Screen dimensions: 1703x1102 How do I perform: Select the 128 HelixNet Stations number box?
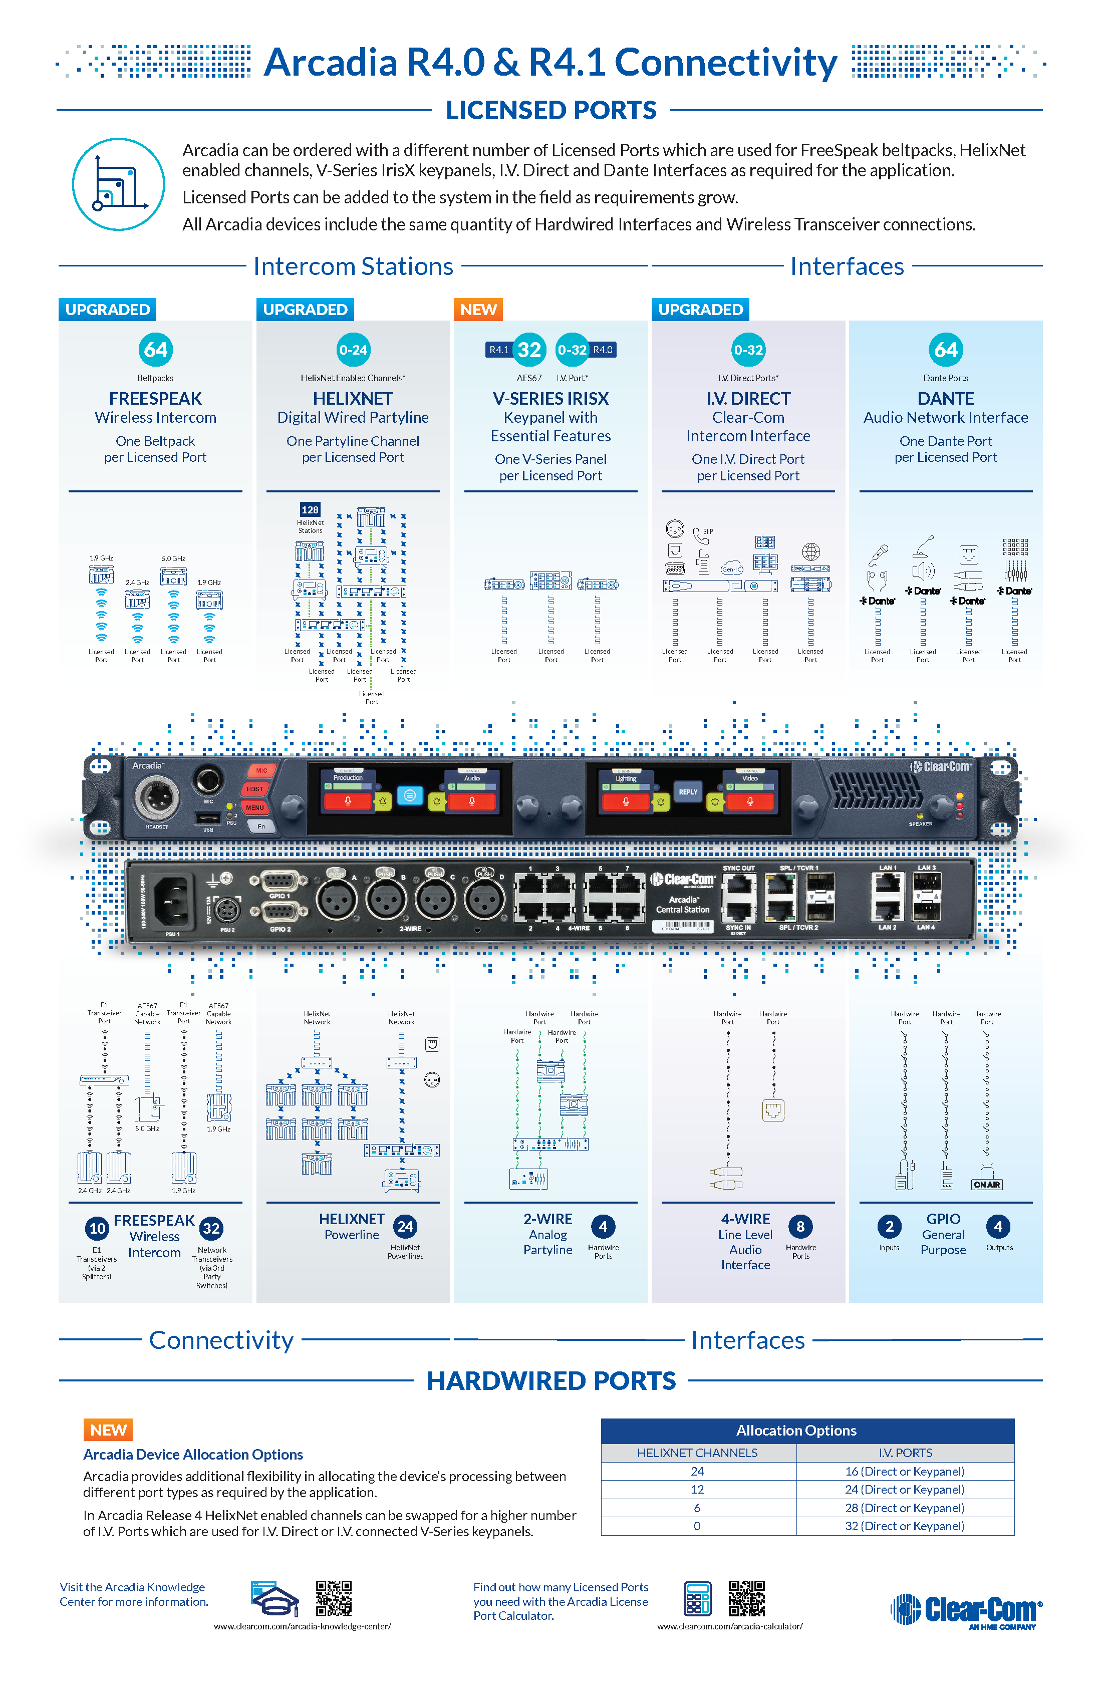click(x=310, y=509)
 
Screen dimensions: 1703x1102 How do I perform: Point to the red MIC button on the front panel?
click(x=261, y=771)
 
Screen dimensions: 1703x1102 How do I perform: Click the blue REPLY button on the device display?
click(x=688, y=791)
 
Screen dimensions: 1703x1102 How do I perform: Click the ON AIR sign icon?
click(x=987, y=1184)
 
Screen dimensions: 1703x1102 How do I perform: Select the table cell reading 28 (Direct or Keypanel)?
click(x=905, y=1508)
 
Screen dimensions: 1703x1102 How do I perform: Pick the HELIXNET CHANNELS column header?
click(x=698, y=1453)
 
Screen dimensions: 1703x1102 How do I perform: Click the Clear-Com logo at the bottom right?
click(x=966, y=1610)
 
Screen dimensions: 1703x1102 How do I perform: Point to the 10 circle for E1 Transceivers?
click(x=97, y=1229)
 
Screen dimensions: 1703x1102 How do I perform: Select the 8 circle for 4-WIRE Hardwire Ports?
click(x=800, y=1227)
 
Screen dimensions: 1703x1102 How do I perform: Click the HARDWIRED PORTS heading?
click(x=551, y=1380)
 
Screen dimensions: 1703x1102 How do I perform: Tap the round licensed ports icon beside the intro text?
click(x=119, y=185)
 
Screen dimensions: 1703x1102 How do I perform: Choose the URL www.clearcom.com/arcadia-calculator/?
click(x=730, y=1626)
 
